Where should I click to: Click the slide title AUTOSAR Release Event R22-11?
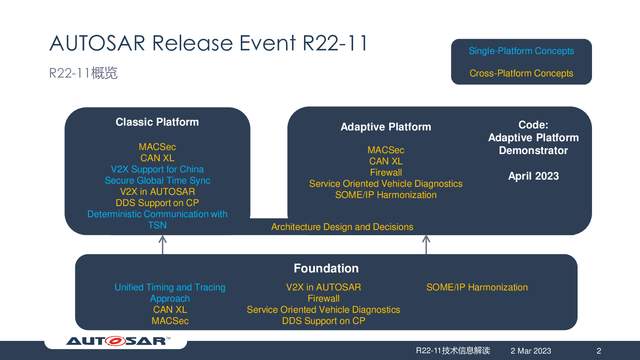click(x=208, y=43)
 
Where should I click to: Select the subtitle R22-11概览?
click(x=83, y=73)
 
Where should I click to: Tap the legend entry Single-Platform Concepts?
click(x=521, y=51)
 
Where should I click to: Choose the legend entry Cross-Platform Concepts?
click(x=521, y=73)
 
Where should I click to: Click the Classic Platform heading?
click(x=157, y=122)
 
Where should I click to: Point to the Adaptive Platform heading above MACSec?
click(x=386, y=127)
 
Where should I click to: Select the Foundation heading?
click(x=326, y=268)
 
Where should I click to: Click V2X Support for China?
click(x=157, y=169)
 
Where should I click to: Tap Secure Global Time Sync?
click(x=157, y=180)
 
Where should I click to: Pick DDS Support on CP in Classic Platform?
click(x=157, y=203)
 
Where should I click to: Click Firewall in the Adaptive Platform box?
click(x=386, y=172)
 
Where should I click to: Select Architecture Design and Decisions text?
click(x=342, y=227)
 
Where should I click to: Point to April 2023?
click(x=534, y=176)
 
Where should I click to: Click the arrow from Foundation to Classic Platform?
click(x=162, y=245)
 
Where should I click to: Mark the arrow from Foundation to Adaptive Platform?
click(x=426, y=244)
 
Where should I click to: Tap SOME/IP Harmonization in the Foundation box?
click(x=477, y=287)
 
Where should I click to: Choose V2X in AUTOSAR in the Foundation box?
click(x=324, y=287)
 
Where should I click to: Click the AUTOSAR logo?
click(x=118, y=341)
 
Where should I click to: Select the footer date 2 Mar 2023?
click(x=531, y=351)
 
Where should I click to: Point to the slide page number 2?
click(x=599, y=351)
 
